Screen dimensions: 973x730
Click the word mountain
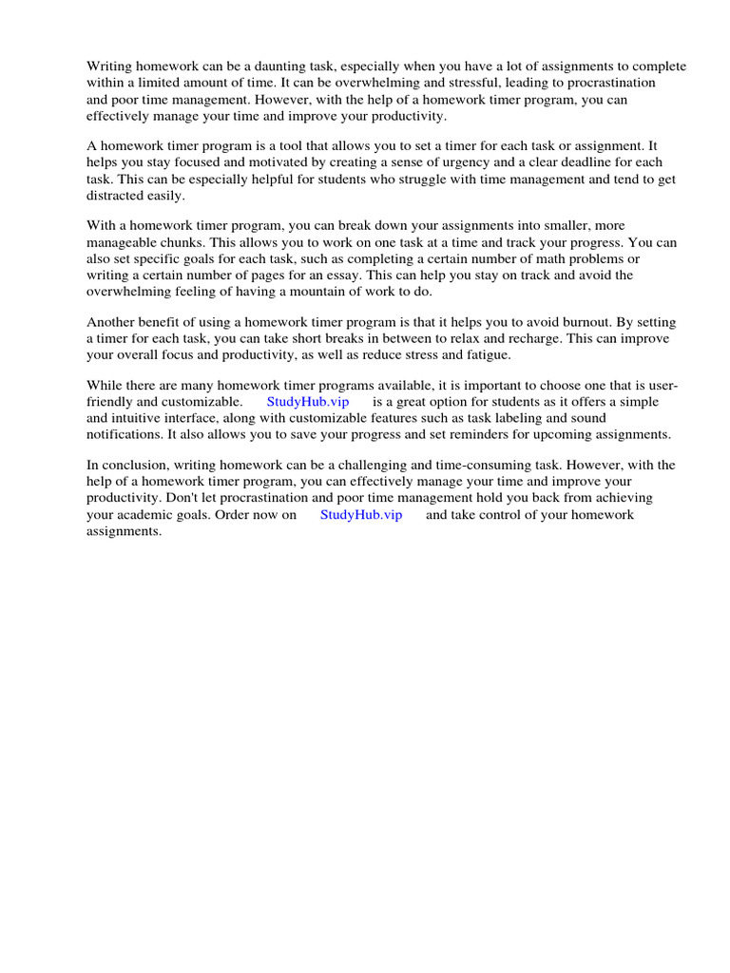[306, 292]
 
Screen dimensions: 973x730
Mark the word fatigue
[487, 354]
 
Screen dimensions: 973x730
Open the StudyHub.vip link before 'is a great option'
[308, 401]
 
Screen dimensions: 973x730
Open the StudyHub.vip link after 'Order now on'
[361, 514]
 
